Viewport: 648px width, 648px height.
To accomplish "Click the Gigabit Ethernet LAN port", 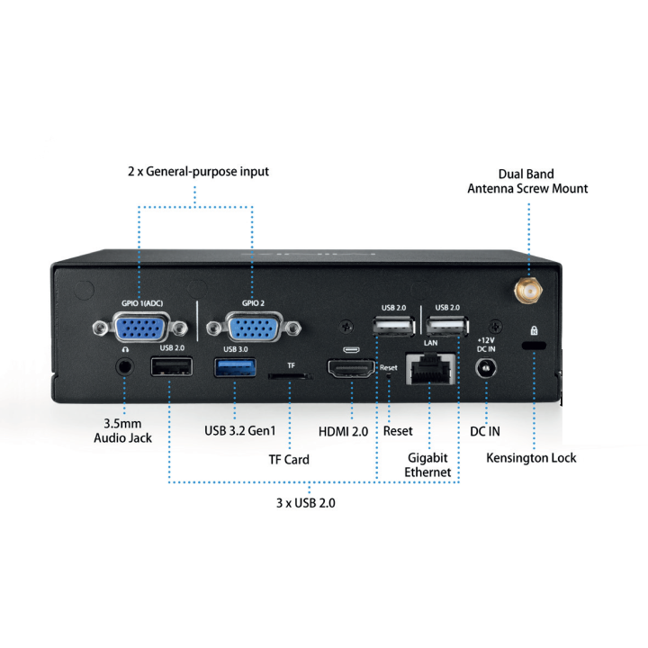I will pos(430,369).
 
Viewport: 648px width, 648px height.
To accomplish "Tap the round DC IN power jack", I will pos(488,368).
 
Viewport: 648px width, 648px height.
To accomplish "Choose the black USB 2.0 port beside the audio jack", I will pos(171,367).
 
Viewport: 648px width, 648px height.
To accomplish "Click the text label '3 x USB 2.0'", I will pos(305,503).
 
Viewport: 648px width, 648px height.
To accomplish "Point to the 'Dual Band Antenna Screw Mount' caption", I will pos(526,181).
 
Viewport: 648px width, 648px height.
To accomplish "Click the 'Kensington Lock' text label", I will pos(531,458).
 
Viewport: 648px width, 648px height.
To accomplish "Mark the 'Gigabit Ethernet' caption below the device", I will pos(427,464).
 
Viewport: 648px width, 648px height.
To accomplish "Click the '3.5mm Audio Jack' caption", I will pos(123,430).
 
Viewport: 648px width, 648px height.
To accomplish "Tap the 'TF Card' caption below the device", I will pos(289,459).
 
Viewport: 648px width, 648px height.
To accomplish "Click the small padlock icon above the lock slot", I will pos(535,330).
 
